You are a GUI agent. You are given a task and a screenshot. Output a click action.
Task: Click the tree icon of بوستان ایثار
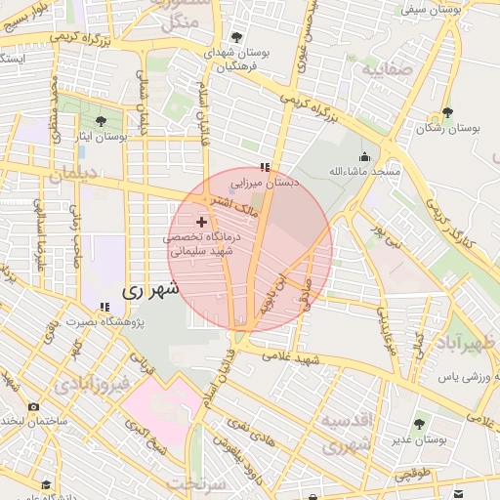click(x=102, y=122)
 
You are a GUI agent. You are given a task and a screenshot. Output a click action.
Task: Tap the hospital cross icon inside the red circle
click(x=202, y=223)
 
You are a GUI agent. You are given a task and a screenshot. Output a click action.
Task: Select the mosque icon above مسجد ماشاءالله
click(x=365, y=156)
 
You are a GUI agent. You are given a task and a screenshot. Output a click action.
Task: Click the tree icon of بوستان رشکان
click(x=447, y=113)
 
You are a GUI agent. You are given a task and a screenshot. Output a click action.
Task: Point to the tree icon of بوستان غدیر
click(x=419, y=424)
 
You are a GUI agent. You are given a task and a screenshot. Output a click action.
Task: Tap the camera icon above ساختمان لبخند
click(x=34, y=406)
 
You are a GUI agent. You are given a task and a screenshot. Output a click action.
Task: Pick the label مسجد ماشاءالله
click(x=365, y=171)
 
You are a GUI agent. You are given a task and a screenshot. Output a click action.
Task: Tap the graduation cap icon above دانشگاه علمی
click(x=44, y=483)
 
